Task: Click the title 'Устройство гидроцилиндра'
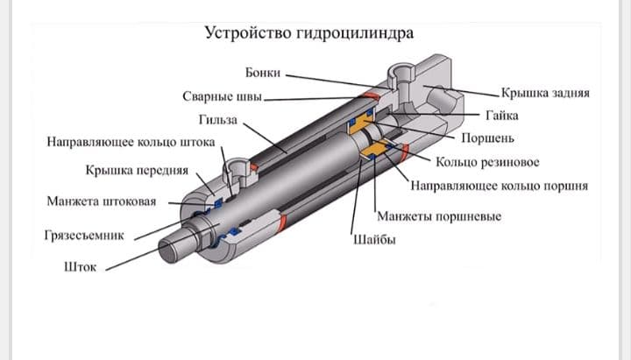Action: (308, 33)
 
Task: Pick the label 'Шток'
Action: (80, 268)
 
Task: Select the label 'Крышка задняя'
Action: (544, 93)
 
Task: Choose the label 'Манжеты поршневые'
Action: (438, 216)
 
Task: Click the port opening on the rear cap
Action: (403, 75)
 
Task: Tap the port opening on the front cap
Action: (238, 166)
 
